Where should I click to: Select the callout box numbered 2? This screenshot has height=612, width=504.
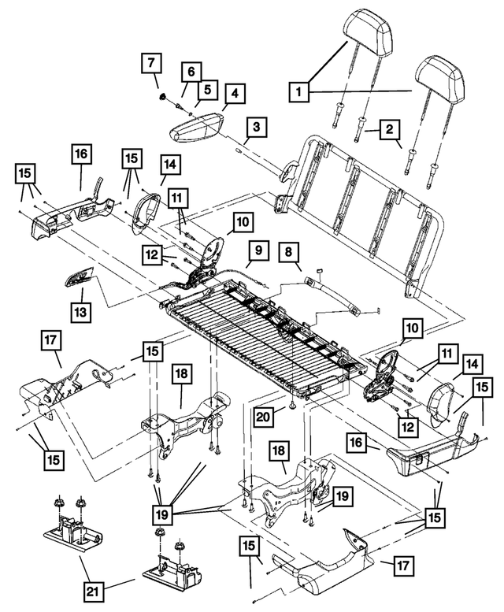391,130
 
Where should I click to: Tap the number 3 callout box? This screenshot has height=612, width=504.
256,125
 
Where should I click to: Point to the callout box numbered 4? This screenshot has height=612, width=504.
234,92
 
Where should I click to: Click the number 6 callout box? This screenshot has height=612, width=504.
189,71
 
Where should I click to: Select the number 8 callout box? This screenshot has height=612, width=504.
289,253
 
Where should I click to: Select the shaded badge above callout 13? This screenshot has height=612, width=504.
78,277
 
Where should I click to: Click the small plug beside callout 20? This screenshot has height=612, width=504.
291,406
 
